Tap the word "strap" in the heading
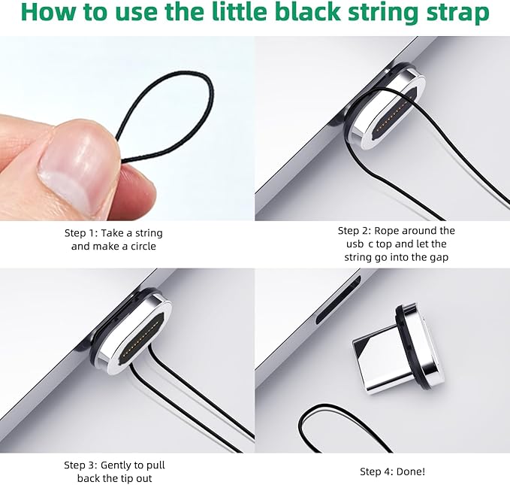pyautogui.click(x=460, y=14)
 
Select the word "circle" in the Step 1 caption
pyautogui.click(x=143, y=246)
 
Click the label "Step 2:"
pyautogui.click(x=355, y=231)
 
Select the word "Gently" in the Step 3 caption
pyautogui.click(x=116, y=465)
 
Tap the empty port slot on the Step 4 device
pyautogui.click(x=338, y=300)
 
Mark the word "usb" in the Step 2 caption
pyautogui.click(x=355, y=244)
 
